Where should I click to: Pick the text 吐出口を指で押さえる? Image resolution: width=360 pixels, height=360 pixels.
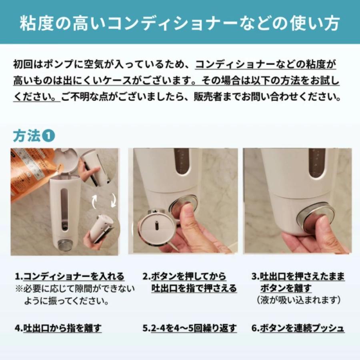[x=194, y=288]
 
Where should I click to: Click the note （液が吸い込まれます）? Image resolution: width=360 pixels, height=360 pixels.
[x=298, y=300]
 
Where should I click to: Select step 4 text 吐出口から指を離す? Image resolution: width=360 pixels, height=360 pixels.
[x=62, y=328]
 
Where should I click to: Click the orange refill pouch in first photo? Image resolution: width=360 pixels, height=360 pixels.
[x=30, y=172]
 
